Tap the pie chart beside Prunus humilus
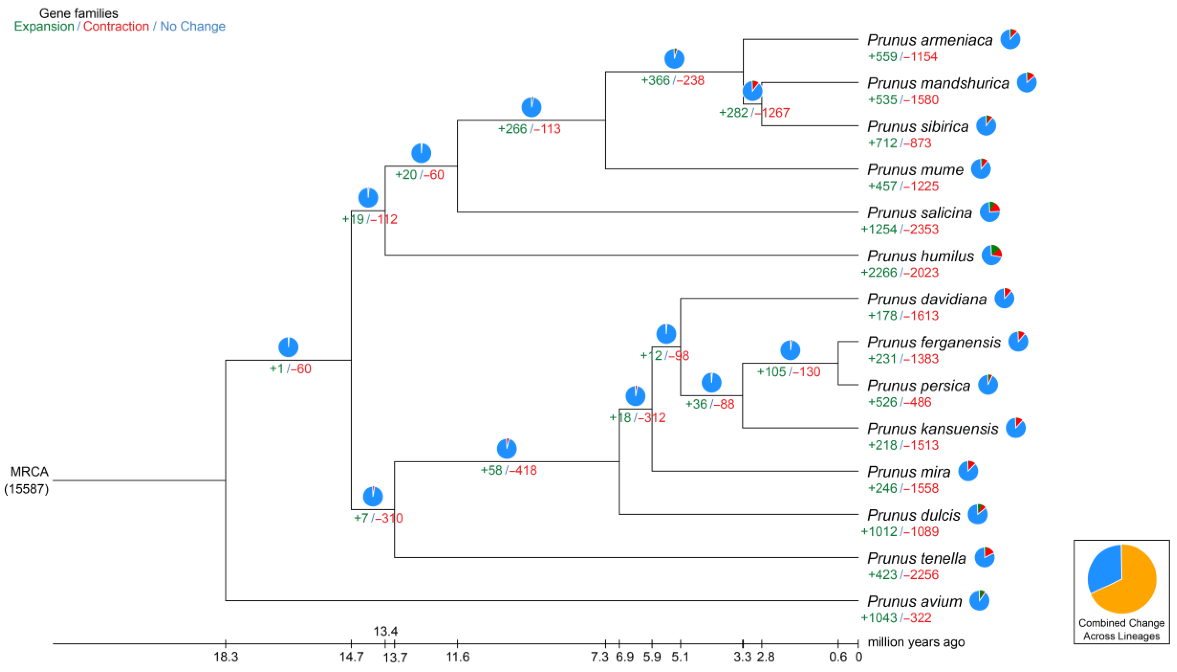click(x=991, y=255)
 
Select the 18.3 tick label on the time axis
click(x=226, y=657)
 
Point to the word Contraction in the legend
click(x=116, y=26)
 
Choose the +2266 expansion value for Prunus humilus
click(x=879, y=273)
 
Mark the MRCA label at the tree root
click(x=29, y=472)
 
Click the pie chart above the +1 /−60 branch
click(x=288, y=347)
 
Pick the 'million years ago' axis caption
click(x=916, y=642)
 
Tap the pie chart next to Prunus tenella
click(x=984, y=558)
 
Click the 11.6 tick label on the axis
click(x=457, y=657)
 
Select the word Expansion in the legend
click(x=44, y=26)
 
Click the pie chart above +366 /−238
click(x=674, y=59)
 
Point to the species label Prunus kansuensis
click(x=932, y=429)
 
